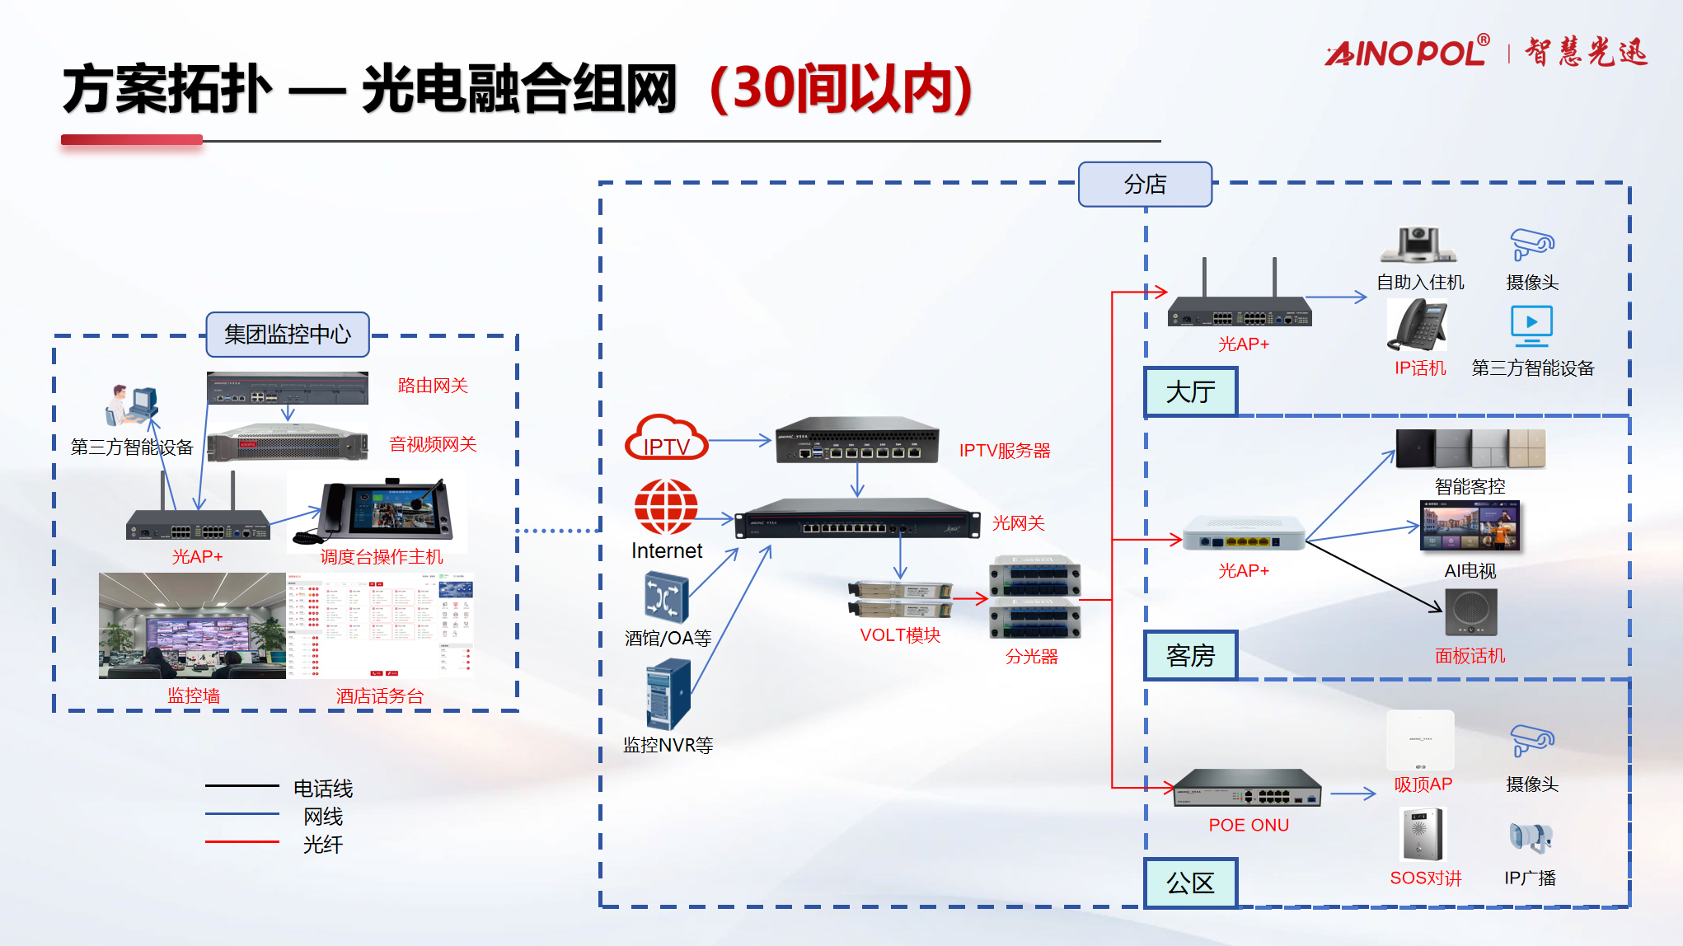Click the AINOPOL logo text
pyautogui.click(x=1407, y=53)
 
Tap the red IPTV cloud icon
pyautogui.click(x=666, y=438)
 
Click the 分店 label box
pyautogui.click(x=1145, y=184)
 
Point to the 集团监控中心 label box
pyautogui.click(x=287, y=334)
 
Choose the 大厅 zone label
pyautogui.click(x=1190, y=391)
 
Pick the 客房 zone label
pyautogui.click(x=1190, y=655)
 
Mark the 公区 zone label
pyautogui.click(x=1190, y=883)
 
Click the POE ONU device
pyautogui.click(x=1247, y=788)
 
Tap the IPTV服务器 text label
pyautogui.click(x=1005, y=451)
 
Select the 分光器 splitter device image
pyautogui.click(x=1035, y=597)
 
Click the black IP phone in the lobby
pyautogui.click(x=1418, y=325)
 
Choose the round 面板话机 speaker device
pyautogui.click(x=1470, y=611)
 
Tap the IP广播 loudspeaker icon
pyautogui.click(x=1531, y=837)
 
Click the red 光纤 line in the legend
pyautogui.click(x=241, y=841)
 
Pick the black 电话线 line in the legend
pyautogui.click(x=241, y=786)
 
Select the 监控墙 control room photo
pyautogui.click(x=192, y=625)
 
